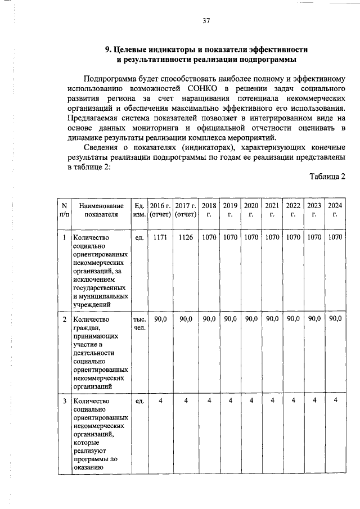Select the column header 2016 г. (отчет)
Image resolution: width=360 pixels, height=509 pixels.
160,210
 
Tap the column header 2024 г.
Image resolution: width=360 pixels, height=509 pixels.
335,210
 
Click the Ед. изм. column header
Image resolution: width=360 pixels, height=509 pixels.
138,210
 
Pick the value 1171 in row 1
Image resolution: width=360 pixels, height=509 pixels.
160,237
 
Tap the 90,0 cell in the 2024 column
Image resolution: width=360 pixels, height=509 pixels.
335,319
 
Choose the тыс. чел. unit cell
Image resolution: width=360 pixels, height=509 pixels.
138,323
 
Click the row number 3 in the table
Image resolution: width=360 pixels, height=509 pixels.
65,400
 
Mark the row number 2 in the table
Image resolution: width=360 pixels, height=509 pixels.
65,319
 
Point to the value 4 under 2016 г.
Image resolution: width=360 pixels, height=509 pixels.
160,400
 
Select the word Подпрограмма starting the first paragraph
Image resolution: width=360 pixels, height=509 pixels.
110,78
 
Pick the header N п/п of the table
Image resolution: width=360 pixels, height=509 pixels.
65,210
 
